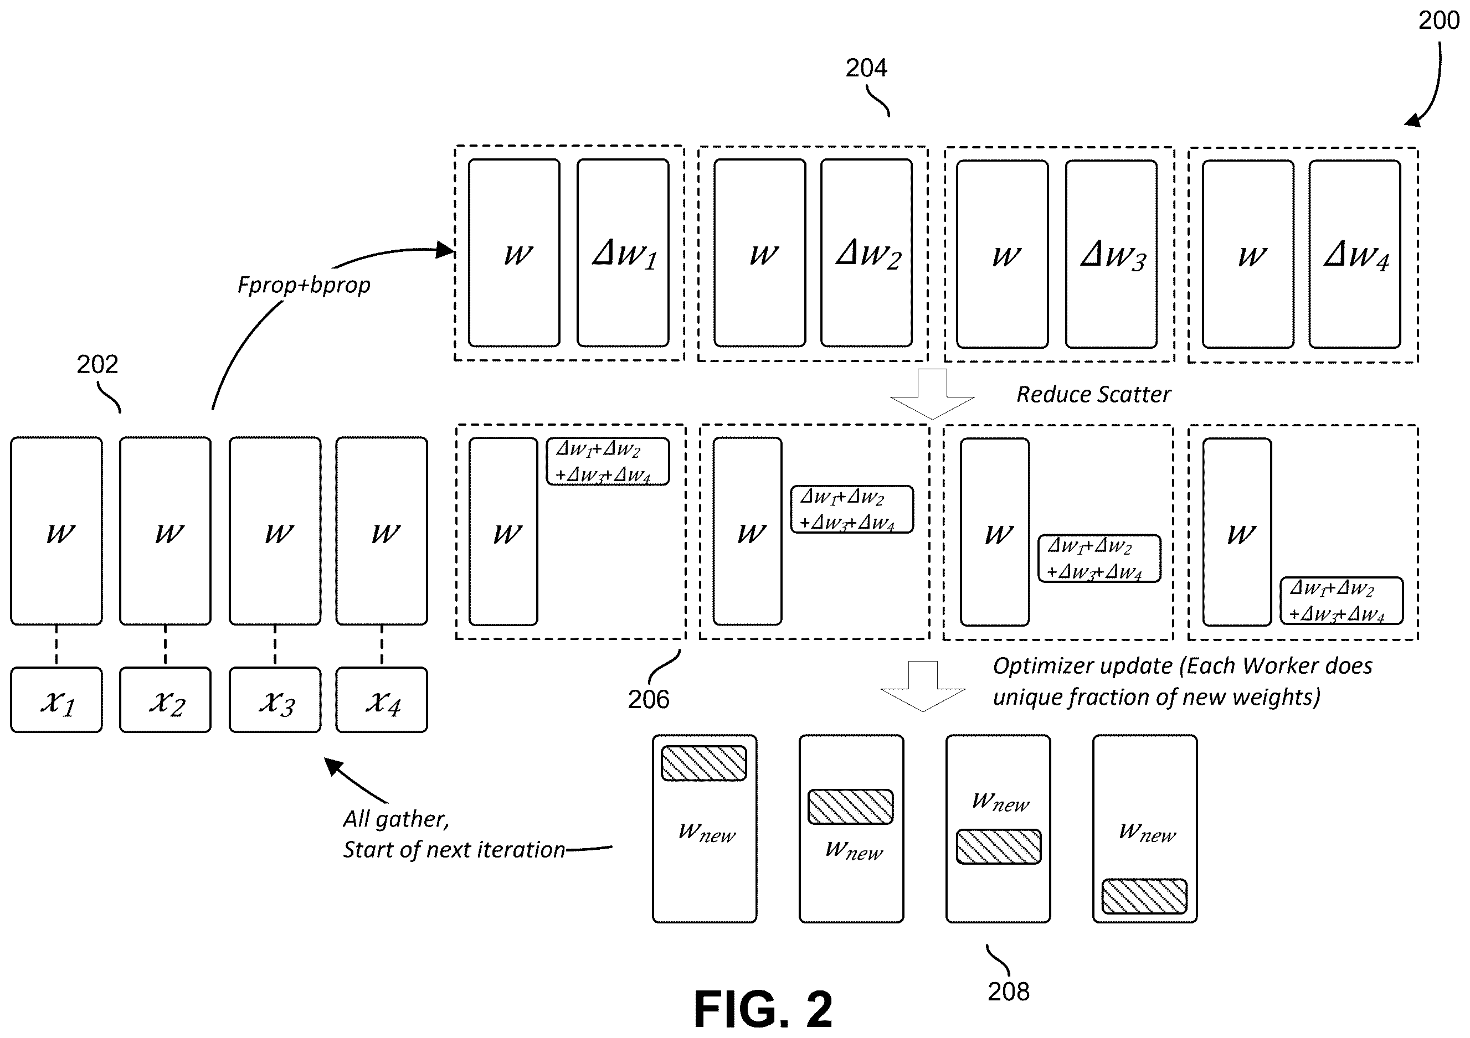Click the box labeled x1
click(56, 699)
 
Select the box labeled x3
click(275, 699)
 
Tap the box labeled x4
click(382, 699)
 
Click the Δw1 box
click(623, 253)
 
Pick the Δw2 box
click(867, 253)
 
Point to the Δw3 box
click(1112, 254)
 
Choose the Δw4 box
click(1355, 254)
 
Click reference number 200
click(1438, 20)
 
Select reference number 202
click(97, 364)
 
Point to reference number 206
click(649, 699)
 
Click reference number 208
click(1009, 991)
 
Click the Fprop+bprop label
click(304, 285)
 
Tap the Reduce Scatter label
click(1093, 394)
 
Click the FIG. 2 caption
click(763, 1009)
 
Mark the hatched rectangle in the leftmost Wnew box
click(703, 763)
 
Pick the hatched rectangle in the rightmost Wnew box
click(1144, 896)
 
